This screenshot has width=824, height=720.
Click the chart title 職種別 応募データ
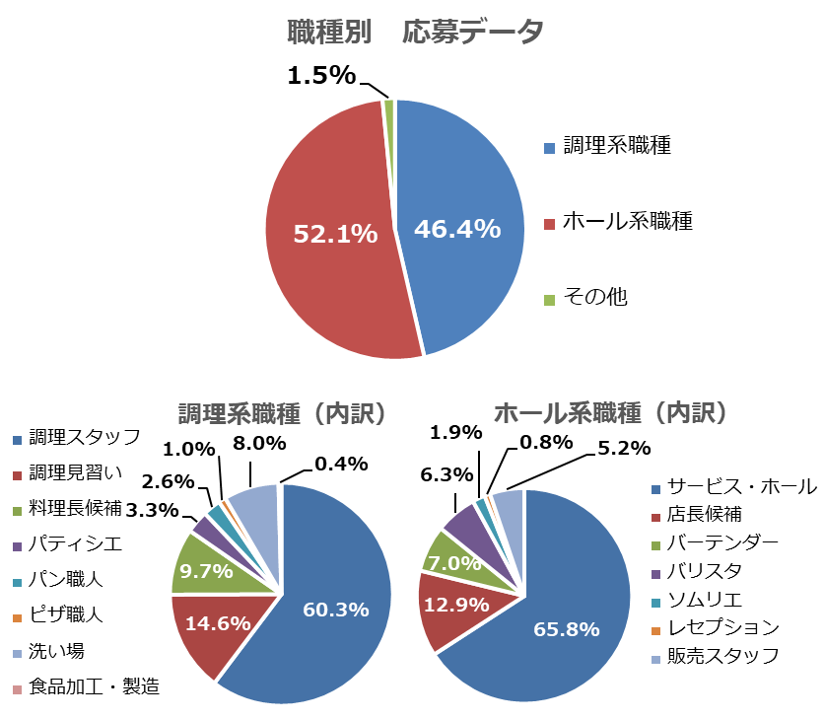[x=415, y=33]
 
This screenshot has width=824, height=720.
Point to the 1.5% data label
[x=321, y=75]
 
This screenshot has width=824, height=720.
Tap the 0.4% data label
[x=341, y=463]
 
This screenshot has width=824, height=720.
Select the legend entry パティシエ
[x=67, y=542]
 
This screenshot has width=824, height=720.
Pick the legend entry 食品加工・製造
[x=94, y=686]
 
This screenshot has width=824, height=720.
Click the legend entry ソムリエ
[x=705, y=600]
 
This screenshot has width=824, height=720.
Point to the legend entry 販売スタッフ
[x=723, y=655]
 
